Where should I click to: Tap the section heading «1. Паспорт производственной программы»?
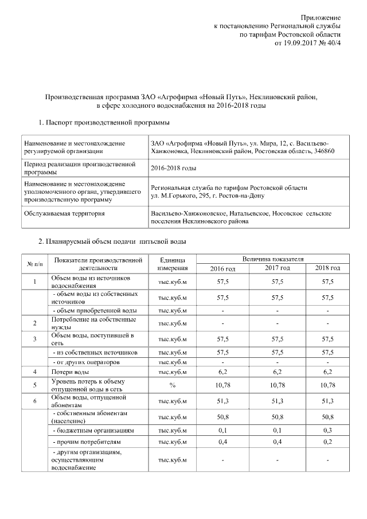click(x=104, y=122)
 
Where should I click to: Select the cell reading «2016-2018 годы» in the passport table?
click(x=173, y=169)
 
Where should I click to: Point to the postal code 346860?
click(x=323, y=151)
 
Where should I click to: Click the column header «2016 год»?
click(x=222, y=268)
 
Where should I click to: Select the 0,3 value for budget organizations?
click(x=327, y=430)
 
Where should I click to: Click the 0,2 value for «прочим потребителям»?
click(x=327, y=442)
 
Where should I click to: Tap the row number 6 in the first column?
click(x=34, y=401)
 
